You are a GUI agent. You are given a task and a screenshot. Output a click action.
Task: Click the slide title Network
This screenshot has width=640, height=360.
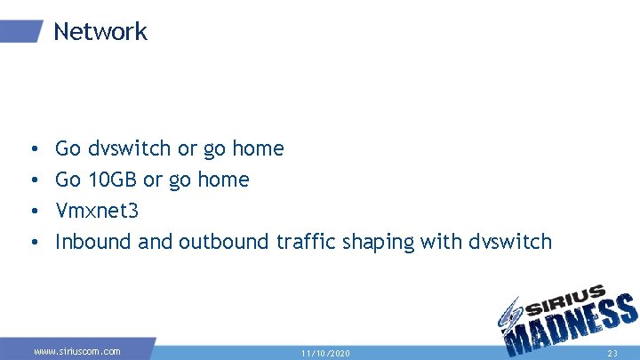[x=100, y=32]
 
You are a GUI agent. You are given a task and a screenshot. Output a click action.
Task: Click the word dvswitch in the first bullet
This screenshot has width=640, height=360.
[x=130, y=148]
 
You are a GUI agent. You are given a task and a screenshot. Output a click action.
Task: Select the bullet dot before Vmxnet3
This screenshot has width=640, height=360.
[x=31, y=212]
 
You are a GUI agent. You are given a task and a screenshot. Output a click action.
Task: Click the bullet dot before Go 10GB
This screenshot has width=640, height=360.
[x=31, y=180]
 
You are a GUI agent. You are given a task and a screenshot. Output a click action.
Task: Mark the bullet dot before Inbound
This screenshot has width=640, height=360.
[x=31, y=243]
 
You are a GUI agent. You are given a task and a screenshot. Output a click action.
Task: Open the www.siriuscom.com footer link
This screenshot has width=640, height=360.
[x=77, y=351]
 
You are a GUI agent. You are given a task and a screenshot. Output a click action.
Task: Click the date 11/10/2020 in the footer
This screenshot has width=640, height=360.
[x=324, y=353]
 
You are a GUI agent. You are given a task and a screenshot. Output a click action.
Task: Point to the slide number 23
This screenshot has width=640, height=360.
[x=612, y=353]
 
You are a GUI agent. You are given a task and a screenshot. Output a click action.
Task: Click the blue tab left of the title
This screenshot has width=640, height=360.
[x=20, y=32]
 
